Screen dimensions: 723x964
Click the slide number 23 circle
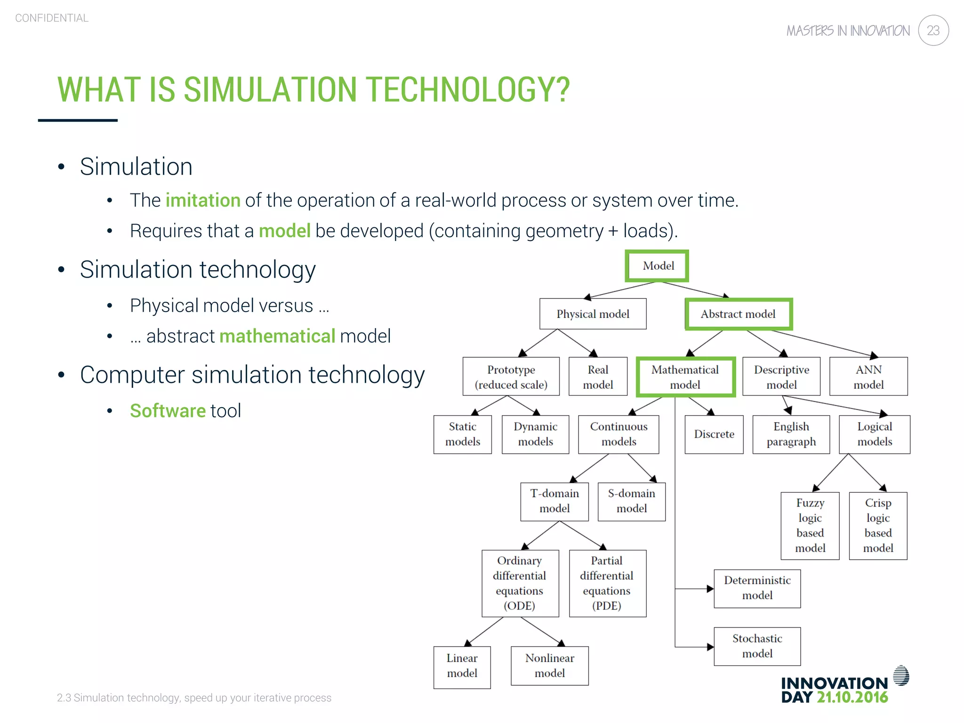click(x=933, y=31)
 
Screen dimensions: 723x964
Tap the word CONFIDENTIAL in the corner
click(x=52, y=18)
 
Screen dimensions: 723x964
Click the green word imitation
click(x=203, y=201)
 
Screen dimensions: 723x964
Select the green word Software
click(x=168, y=410)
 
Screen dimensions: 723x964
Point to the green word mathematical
click(x=277, y=336)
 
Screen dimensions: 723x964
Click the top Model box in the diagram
click(x=657, y=266)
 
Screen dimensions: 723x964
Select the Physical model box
click(x=593, y=314)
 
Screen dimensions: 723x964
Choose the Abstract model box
click(x=738, y=314)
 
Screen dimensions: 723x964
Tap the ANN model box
click(x=868, y=377)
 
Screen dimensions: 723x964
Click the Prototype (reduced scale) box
click(x=511, y=377)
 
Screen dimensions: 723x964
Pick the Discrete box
click(x=714, y=434)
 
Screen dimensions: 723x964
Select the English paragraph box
click(x=791, y=434)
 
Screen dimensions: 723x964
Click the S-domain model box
click(x=631, y=501)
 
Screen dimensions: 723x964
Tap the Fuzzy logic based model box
click(x=810, y=525)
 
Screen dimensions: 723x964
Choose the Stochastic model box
click(x=757, y=646)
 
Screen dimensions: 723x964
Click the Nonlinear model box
click(x=549, y=665)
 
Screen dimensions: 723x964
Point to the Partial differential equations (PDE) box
click(x=607, y=583)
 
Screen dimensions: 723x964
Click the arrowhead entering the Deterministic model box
click(x=710, y=589)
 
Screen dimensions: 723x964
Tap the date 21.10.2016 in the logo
click(x=852, y=697)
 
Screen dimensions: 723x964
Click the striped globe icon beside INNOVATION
click(x=901, y=676)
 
